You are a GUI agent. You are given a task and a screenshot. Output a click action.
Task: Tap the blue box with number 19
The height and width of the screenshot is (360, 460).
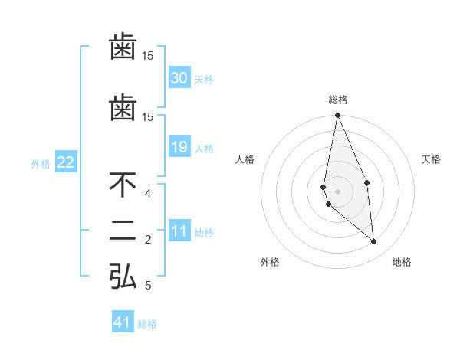(x=179, y=147)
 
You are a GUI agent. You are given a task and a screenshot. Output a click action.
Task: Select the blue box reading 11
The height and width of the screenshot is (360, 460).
(x=179, y=231)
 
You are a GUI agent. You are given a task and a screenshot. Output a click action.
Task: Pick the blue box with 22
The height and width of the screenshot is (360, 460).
(x=66, y=162)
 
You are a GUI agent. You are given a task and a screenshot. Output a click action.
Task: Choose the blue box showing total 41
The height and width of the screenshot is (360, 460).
(x=123, y=322)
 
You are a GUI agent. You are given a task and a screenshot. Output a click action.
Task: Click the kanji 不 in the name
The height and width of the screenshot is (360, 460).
(x=123, y=185)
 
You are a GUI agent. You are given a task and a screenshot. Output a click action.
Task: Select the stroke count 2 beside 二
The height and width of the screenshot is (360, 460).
(x=148, y=240)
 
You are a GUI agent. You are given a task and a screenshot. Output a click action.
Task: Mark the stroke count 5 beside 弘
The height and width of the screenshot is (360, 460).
(x=148, y=286)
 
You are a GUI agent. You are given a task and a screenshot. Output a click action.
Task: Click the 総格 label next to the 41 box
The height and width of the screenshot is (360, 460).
(x=147, y=324)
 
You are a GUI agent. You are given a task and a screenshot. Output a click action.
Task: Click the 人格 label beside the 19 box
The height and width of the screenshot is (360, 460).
(x=205, y=149)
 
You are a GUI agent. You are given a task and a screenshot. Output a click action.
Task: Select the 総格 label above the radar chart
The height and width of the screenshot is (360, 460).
(x=338, y=100)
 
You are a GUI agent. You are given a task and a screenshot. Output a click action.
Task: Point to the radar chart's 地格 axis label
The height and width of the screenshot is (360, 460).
(x=402, y=263)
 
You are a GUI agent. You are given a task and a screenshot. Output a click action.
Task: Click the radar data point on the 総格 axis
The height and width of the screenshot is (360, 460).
(x=337, y=116)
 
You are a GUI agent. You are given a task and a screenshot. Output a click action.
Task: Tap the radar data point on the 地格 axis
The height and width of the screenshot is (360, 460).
(x=373, y=242)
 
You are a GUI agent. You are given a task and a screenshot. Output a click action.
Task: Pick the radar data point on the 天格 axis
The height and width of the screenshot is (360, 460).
(x=366, y=182)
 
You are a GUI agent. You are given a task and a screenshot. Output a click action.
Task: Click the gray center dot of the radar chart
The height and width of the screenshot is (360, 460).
(x=337, y=191)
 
